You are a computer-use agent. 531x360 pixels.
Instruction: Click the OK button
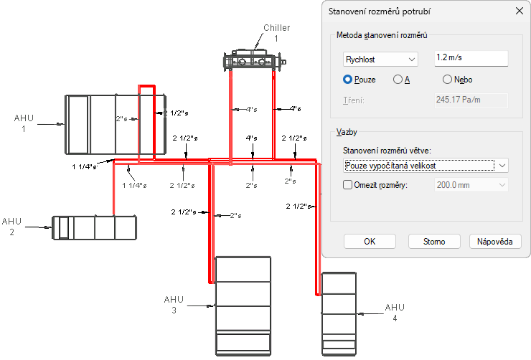tap(370, 241)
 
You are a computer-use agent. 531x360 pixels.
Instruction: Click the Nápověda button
tap(495, 241)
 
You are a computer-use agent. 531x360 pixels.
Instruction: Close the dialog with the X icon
tap(519, 11)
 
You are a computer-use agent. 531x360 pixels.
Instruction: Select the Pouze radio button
tap(347, 80)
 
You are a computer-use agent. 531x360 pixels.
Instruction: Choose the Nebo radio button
tap(447, 80)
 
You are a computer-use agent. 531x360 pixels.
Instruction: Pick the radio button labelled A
tap(398, 80)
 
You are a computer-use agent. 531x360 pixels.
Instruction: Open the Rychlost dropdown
tap(380, 60)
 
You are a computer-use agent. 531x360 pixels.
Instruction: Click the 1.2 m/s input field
tap(471, 58)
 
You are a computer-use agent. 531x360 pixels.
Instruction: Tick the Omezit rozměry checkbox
tap(347, 185)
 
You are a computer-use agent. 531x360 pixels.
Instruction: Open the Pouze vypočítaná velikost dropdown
tap(426, 166)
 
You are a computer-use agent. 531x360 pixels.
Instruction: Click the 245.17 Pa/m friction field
tap(471, 100)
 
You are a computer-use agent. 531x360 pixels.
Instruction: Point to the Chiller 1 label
tap(277, 33)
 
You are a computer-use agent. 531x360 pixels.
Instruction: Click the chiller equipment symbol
tap(254, 60)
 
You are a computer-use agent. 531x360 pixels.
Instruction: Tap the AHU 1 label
tap(24, 123)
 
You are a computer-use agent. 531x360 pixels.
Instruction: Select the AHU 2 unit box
tap(94, 227)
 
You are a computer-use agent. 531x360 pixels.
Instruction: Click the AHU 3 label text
tap(174, 305)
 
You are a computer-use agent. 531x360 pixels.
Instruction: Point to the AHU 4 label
tap(395, 312)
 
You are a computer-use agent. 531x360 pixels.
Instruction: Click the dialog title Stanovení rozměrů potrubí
tap(380, 11)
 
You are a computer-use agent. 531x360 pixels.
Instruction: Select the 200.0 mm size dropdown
tap(471, 185)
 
